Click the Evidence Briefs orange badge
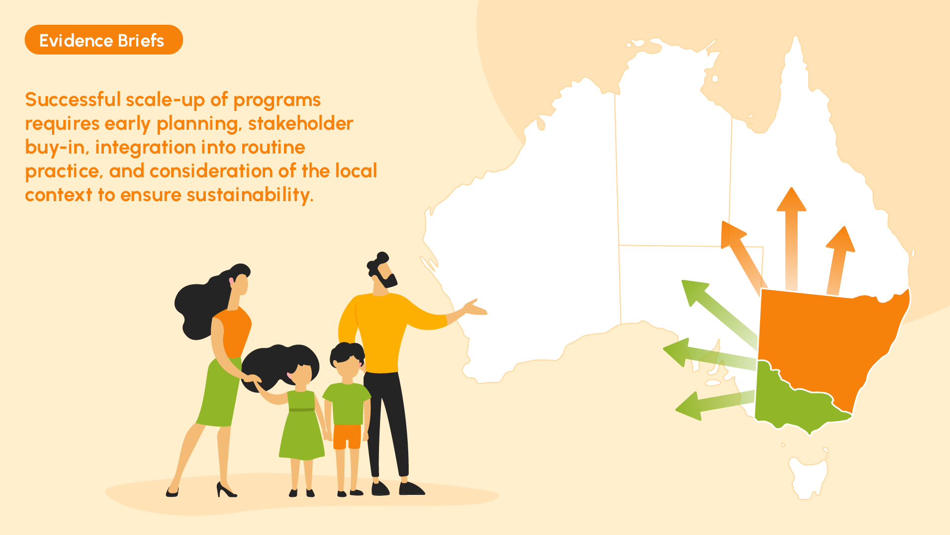pyautogui.click(x=104, y=40)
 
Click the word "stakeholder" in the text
pyautogui.click(x=300, y=123)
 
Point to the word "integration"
pyautogui.click(x=145, y=148)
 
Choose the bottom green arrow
pyautogui.click(x=715, y=405)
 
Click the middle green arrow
pyautogui.click(x=710, y=355)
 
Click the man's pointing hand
pyautogui.click(x=475, y=308)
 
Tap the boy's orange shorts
pyautogui.click(x=347, y=436)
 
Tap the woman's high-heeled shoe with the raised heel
pyautogui.click(x=226, y=490)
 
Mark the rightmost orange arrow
pyautogui.click(x=838, y=261)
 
